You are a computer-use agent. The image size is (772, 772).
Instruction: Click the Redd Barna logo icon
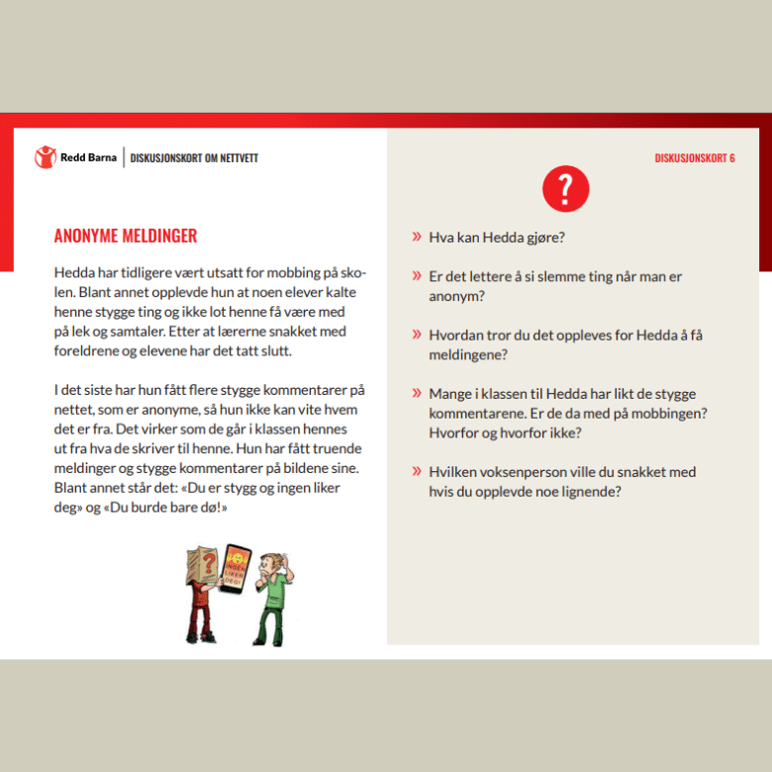[46, 156]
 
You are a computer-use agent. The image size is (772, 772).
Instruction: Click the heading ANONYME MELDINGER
[126, 236]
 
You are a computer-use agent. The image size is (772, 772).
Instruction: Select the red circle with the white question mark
[566, 188]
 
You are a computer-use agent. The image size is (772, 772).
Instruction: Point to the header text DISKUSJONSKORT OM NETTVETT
[194, 157]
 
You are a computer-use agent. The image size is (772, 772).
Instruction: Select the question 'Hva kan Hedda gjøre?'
[496, 238]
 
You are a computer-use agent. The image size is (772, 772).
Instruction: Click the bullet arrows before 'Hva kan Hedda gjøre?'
[417, 238]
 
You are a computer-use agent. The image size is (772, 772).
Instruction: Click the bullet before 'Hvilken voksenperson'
[417, 472]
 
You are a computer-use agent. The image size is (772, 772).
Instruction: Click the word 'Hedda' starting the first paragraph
[74, 273]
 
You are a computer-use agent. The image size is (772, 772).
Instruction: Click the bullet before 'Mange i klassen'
[417, 394]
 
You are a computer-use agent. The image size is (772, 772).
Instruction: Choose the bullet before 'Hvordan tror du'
[417, 336]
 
